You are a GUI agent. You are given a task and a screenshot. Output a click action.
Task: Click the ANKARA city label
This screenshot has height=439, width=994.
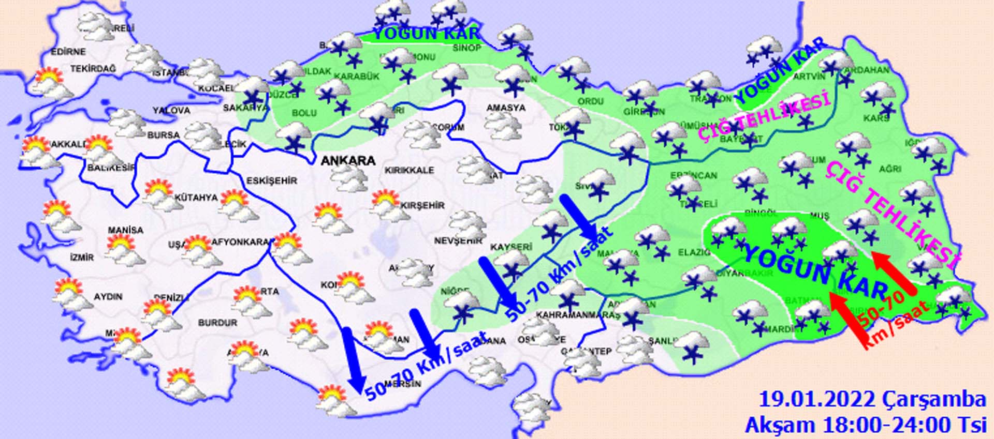coord(348,161)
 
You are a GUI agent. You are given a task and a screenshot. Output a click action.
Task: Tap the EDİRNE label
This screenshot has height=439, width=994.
coord(68,52)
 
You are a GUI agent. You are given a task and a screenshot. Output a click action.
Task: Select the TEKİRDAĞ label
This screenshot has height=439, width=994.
coord(93,69)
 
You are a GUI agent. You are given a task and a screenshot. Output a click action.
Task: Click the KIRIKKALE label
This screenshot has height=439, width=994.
coord(409,171)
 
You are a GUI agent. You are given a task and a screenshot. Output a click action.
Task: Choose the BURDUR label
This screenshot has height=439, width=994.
coord(217,323)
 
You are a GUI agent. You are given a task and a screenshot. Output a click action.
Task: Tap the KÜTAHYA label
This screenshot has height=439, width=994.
coord(196,198)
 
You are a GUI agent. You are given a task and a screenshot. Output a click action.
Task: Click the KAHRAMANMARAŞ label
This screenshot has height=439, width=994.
coord(578,315)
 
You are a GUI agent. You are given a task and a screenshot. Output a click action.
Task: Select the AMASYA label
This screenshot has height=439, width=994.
coord(506,108)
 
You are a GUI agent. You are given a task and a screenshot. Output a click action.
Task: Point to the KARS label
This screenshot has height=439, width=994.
coord(876,118)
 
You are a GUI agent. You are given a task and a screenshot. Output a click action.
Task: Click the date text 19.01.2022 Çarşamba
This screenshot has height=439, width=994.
coord(872,400)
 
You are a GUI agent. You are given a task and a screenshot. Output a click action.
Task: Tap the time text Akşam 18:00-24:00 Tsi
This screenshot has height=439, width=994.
coord(866,425)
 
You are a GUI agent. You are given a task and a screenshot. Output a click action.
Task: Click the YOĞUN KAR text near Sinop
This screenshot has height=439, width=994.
coord(426,34)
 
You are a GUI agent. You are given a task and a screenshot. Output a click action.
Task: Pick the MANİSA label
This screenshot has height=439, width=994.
coord(125,230)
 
